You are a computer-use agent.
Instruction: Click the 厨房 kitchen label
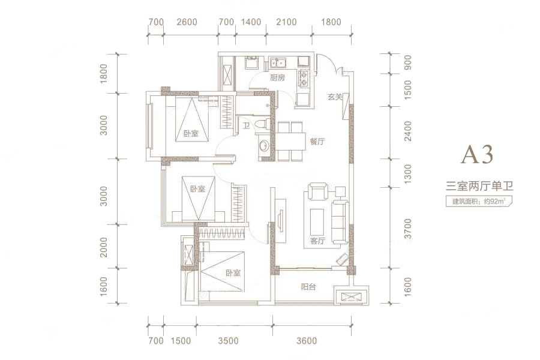click(x=277, y=78)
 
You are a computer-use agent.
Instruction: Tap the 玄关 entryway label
click(x=334, y=97)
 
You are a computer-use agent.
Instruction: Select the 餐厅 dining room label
click(x=317, y=141)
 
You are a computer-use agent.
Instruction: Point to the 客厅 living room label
click(x=317, y=241)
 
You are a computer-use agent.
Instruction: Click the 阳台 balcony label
click(x=308, y=287)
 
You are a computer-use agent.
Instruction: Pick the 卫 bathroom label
click(x=247, y=127)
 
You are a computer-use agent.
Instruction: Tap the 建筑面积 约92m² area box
click(x=479, y=201)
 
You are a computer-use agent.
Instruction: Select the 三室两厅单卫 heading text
click(x=479, y=187)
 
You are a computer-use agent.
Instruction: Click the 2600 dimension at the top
click(x=187, y=22)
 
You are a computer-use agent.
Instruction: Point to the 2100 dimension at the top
click(x=286, y=22)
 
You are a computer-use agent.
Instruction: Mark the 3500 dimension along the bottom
click(x=229, y=341)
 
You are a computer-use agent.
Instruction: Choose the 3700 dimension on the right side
click(x=408, y=229)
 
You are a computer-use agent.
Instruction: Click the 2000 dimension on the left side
click(x=104, y=247)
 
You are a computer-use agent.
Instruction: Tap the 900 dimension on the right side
click(x=408, y=62)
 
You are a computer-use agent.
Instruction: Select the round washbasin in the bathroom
click(x=264, y=145)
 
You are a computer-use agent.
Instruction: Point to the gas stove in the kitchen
click(x=304, y=78)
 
